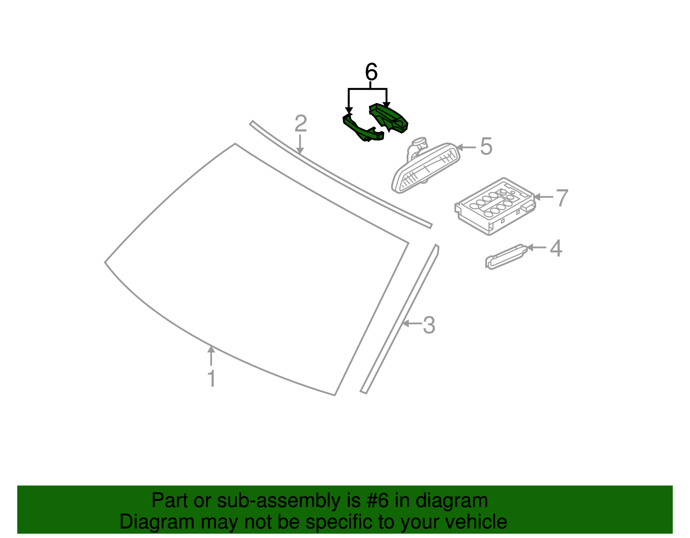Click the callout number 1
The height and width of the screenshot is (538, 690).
(x=211, y=379)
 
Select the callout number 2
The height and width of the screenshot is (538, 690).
(x=301, y=124)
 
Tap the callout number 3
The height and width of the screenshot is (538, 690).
(x=429, y=325)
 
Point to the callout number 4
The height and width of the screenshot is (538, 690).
(x=556, y=249)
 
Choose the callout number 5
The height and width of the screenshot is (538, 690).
(x=486, y=147)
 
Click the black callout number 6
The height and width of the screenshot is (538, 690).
(x=371, y=72)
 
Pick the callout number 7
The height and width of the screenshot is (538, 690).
(x=561, y=198)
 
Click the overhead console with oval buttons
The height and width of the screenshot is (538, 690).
(x=495, y=206)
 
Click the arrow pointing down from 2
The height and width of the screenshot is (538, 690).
(x=300, y=144)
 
